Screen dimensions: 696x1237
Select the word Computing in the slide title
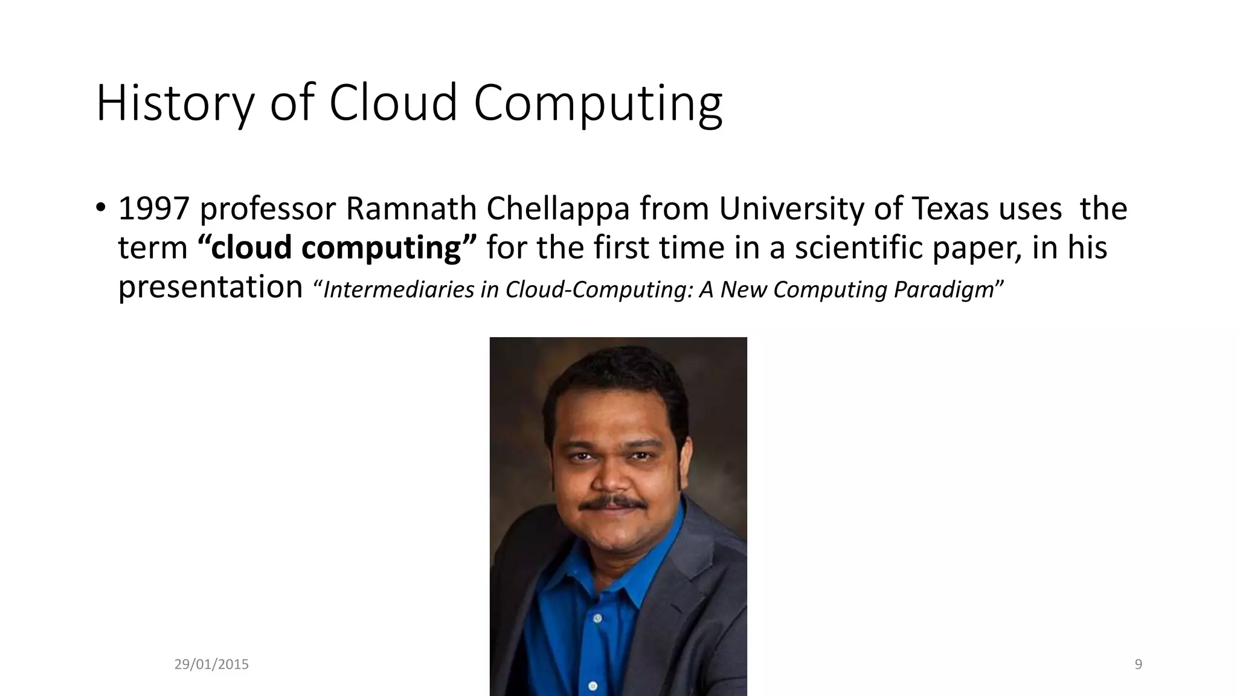[597, 104]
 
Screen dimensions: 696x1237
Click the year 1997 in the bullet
[154, 209]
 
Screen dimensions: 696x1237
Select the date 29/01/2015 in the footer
[211, 665]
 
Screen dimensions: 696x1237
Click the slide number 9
[1139, 665]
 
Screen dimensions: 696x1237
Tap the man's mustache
[610, 503]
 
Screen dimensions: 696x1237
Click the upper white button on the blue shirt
[597, 618]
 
